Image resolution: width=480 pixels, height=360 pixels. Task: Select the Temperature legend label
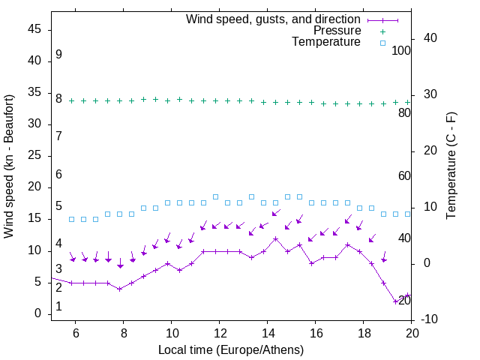[326, 42]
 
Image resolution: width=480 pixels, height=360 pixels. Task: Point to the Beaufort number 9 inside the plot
[58, 55]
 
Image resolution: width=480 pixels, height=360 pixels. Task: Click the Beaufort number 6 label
[58, 174]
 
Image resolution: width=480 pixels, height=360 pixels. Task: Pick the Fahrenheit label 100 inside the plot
[401, 50]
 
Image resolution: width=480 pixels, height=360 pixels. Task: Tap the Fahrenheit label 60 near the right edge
[404, 175]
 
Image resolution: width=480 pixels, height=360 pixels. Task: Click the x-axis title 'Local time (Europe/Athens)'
[231, 349]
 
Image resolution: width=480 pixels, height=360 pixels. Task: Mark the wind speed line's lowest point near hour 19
[396, 301]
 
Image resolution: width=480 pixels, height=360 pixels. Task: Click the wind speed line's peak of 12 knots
[276, 238]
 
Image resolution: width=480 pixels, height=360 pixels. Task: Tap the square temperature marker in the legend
[382, 43]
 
